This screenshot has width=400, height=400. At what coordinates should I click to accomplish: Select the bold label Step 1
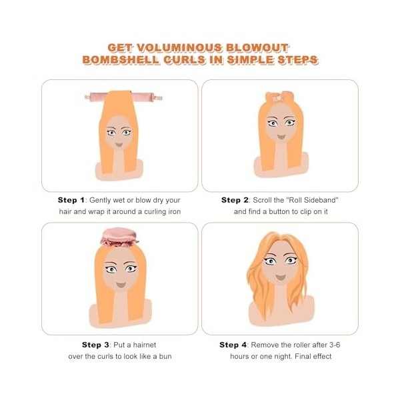(x=71, y=200)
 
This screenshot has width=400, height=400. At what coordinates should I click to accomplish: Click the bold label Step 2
(x=235, y=200)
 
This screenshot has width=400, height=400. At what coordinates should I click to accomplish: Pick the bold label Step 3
(x=96, y=345)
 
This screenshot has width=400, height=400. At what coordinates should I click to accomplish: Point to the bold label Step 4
(x=233, y=345)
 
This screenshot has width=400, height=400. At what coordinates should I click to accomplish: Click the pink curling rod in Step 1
(x=124, y=97)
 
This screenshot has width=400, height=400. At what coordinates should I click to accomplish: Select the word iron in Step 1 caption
(x=171, y=211)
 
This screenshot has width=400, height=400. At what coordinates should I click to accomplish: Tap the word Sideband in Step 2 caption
(x=310, y=200)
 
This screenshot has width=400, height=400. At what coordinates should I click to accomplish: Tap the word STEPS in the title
(x=298, y=61)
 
